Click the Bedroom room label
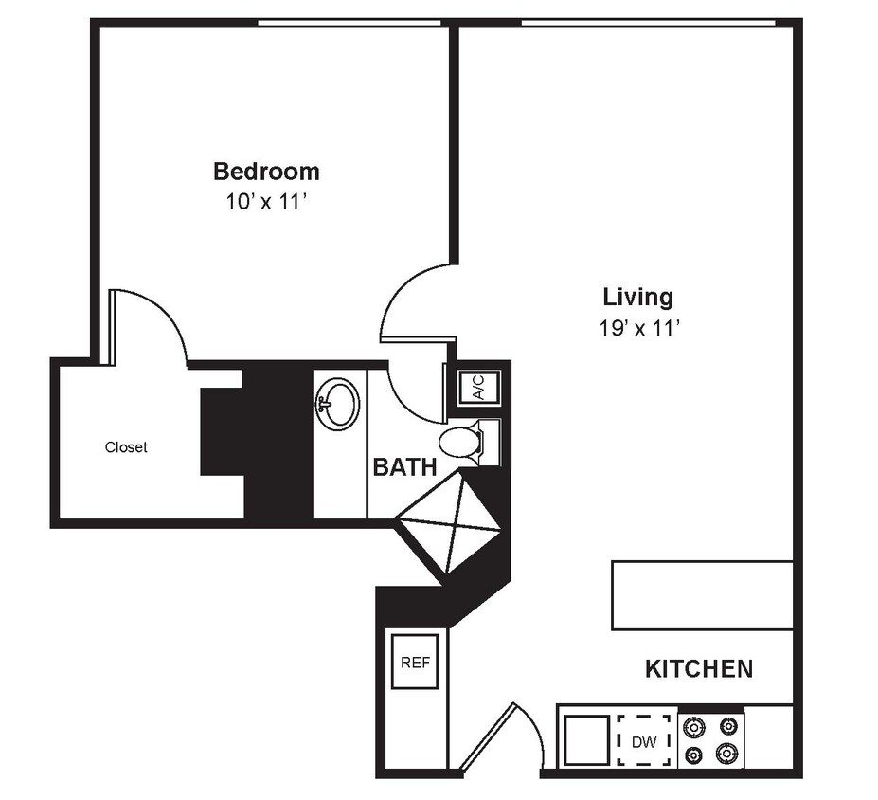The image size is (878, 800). click(266, 172)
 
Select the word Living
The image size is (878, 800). click(638, 298)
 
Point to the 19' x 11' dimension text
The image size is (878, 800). click(638, 328)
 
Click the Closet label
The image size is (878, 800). click(126, 447)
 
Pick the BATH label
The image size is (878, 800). click(404, 466)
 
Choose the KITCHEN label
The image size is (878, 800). click(699, 669)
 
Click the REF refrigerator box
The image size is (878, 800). click(416, 661)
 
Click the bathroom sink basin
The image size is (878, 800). click(337, 405)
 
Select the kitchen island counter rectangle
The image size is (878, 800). click(702, 594)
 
